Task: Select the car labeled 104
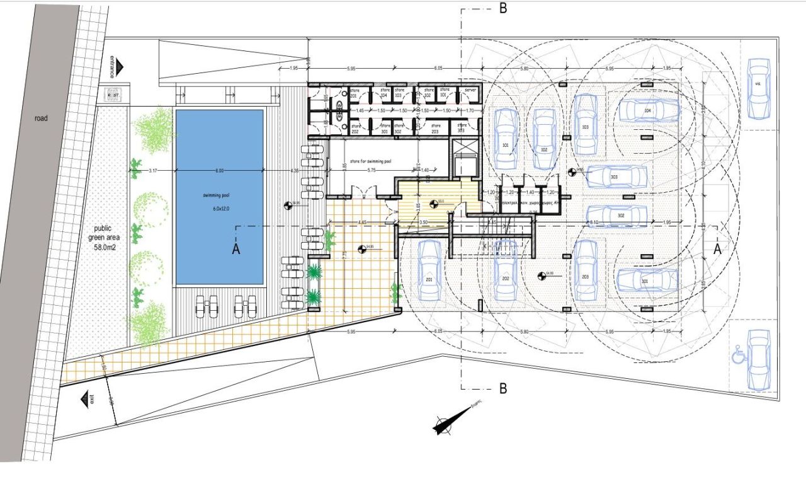(x=647, y=110)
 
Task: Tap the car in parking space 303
(x=615, y=177)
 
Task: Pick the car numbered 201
(x=429, y=270)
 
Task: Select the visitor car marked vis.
(x=758, y=89)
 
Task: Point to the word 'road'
(x=41, y=118)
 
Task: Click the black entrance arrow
(x=120, y=66)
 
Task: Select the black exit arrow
(x=83, y=400)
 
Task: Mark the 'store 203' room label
(x=434, y=129)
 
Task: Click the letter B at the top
(x=503, y=8)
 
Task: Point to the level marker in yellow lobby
(x=433, y=203)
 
